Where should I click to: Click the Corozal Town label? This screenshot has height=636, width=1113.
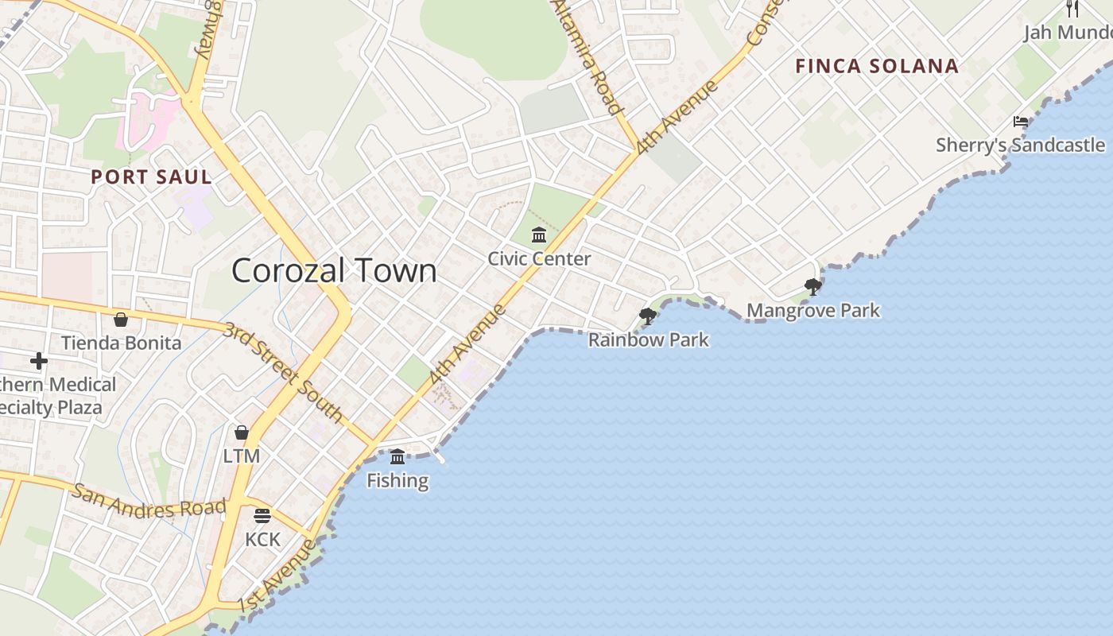pos(334,271)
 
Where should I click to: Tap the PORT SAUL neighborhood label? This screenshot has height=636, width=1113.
pos(151,176)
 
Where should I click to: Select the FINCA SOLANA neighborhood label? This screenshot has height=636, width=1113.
pos(877,66)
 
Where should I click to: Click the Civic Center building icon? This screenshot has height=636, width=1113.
pos(539,235)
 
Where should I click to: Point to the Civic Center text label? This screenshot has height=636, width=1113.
pos(539,259)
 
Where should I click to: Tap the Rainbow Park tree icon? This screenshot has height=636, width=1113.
pos(648,316)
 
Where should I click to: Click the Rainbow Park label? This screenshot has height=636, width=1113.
pos(648,340)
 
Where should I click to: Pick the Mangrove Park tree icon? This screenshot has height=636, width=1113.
pos(812,286)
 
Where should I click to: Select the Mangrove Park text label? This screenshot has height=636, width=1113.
pos(812,310)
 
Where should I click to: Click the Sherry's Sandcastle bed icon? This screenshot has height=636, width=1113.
pos(1021,122)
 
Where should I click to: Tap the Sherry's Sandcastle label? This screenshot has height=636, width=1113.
pos(1020,145)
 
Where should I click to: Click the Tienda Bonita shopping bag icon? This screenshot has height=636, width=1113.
pos(121,320)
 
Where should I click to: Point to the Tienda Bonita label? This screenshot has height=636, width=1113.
pos(121,343)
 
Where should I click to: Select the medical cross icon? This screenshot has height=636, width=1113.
pos(38,361)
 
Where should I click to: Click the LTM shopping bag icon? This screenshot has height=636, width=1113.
pos(242,432)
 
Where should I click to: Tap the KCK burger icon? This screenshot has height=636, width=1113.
pos(262,515)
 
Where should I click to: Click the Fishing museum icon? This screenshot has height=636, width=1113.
pos(397,456)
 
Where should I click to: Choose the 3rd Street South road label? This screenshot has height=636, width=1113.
pos(282,372)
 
